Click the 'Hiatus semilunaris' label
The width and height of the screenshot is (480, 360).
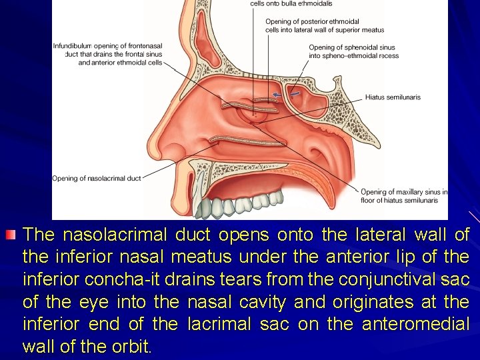tap(393, 97)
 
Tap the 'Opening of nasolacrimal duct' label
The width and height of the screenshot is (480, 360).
tap(97, 178)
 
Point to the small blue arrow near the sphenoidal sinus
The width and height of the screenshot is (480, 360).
tap(276, 95)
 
